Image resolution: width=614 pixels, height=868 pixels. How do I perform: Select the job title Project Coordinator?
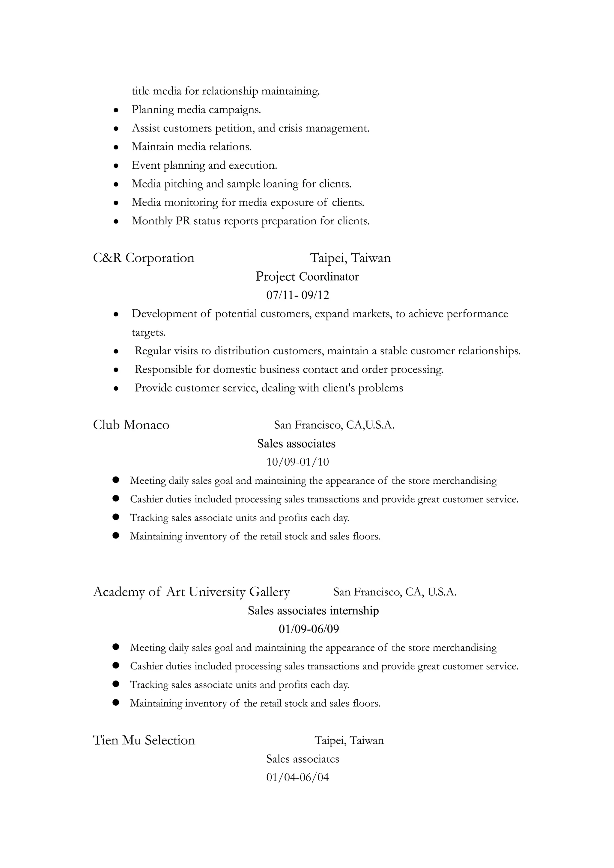click(307, 277)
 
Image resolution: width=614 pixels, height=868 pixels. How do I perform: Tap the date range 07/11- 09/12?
click(298, 295)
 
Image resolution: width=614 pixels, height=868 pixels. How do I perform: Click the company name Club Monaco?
click(131, 425)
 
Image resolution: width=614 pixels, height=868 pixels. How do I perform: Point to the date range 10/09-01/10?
click(298, 462)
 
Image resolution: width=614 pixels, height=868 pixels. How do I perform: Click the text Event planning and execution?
click(204, 166)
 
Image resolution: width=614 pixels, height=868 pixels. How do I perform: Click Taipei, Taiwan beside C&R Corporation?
click(350, 258)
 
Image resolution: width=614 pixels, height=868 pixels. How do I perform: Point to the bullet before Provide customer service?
click(116, 388)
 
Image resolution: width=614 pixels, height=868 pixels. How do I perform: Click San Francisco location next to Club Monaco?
click(334, 425)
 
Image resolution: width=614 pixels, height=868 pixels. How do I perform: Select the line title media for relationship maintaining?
click(225, 91)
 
